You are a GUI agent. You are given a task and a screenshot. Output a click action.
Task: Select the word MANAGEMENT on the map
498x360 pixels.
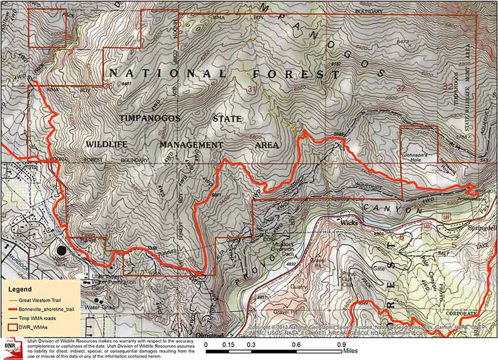pyautogui.click(x=191, y=145)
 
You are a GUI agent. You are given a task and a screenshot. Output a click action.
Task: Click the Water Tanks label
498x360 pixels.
pyautogui.click(x=95, y=306)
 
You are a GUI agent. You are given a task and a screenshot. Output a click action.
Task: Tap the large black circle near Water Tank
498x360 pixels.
pyautogui.click(x=60, y=251)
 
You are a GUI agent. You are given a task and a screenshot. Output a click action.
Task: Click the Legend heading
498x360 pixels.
pyautogui.click(x=20, y=289)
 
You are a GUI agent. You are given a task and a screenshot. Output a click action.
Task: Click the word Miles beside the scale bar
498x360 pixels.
pyautogui.click(x=350, y=351)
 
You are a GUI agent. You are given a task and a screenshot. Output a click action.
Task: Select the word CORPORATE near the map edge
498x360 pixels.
pyautogui.click(x=461, y=313)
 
